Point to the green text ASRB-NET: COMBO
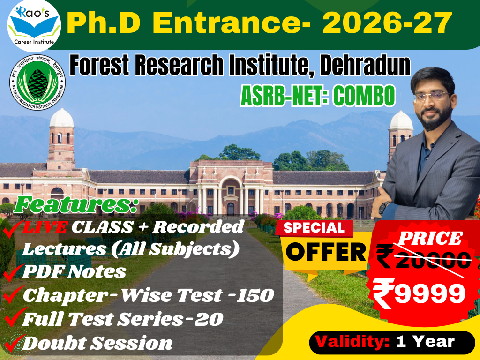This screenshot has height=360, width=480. (317, 96)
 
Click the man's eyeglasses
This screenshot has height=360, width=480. (431, 97)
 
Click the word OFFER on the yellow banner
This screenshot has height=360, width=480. (326, 253)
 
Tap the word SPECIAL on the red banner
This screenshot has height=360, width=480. (313, 228)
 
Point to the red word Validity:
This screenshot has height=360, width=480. (352, 341)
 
